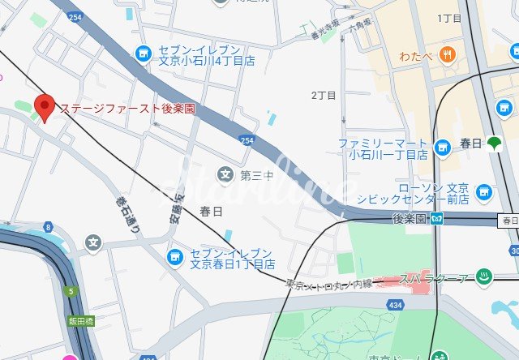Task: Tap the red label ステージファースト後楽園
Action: (x=127, y=108)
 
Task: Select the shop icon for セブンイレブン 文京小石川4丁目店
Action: (x=144, y=53)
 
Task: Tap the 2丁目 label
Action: (x=324, y=95)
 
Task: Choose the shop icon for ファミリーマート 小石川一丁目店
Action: (x=441, y=147)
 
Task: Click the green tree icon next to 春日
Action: (x=495, y=143)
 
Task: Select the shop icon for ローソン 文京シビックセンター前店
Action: (x=484, y=192)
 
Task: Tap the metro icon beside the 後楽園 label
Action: (x=437, y=218)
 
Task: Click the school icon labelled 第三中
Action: (x=225, y=174)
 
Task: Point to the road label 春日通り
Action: (x=127, y=214)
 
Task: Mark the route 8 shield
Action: (x=49, y=227)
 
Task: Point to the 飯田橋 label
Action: (x=80, y=321)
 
